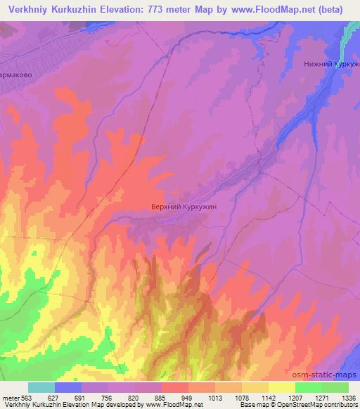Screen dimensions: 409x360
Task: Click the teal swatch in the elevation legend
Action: click(41, 387)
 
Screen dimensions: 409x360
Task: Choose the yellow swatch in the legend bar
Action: click(281, 387)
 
